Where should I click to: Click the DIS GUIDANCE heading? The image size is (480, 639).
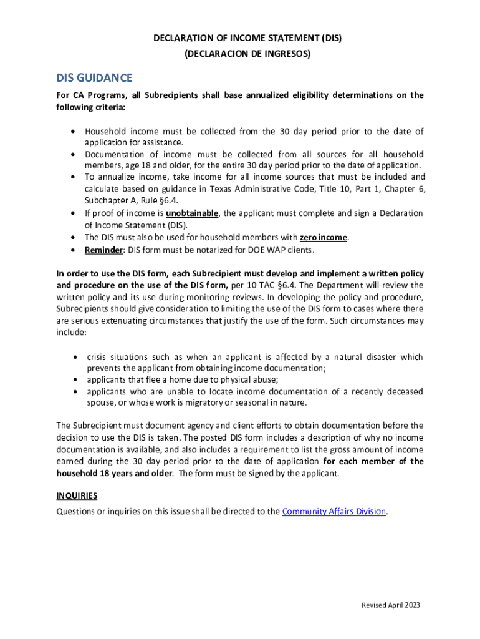click(94, 78)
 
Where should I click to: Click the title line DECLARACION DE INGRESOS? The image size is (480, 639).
click(247, 54)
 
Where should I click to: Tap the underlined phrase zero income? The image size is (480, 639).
click(324, 237)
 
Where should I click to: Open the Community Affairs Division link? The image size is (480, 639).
click(335, 512)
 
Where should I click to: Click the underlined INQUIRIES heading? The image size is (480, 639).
click(77, 495)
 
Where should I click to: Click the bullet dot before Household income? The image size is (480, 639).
click(74, 131)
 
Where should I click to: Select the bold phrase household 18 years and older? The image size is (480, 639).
click(117, 473)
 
